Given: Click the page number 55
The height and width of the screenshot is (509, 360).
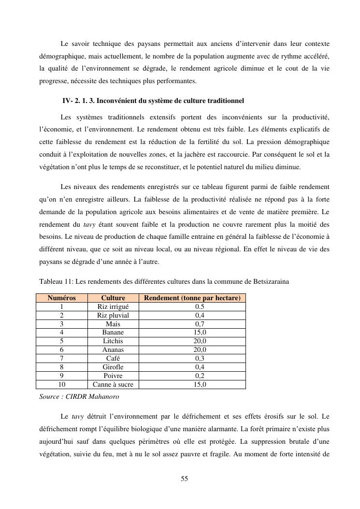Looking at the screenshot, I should coord(184,479).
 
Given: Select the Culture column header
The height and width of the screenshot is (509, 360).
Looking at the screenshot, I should coord(113,298).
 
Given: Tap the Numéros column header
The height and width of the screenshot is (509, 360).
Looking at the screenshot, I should coord(62,298).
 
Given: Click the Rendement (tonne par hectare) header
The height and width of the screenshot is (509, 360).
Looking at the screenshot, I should coord(192,298).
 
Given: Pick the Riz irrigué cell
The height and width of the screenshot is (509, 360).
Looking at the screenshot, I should coord(113,306).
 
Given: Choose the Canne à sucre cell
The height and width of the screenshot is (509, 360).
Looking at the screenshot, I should coord(113,384).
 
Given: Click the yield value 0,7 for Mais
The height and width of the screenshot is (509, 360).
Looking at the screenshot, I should coord(200,324).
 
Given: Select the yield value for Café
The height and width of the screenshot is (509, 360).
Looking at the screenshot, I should coord(200,358).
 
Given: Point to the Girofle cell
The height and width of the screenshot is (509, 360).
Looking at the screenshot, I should coord(113,367).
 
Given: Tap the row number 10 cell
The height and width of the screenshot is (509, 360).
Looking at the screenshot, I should coord(62,384).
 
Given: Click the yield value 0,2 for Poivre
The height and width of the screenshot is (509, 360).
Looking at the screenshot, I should coord(200,376).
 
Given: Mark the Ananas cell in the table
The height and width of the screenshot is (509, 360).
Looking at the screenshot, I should coord(113,349).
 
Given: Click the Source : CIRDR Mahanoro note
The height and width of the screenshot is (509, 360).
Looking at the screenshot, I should coord(79,396).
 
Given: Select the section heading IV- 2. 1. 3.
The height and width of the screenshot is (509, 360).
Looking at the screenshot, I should coord(153,101).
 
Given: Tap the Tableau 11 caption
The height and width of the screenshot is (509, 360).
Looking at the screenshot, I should coord(164,281).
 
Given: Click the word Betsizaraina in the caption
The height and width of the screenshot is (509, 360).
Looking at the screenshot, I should coord(267,281).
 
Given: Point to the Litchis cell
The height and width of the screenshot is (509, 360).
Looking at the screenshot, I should coord(113,341).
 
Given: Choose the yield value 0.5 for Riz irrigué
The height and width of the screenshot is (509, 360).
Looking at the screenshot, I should coord(200,306).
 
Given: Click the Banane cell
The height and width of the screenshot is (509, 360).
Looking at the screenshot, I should coord(113,332).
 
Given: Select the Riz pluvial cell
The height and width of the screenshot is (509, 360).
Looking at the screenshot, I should coord(113,315).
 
